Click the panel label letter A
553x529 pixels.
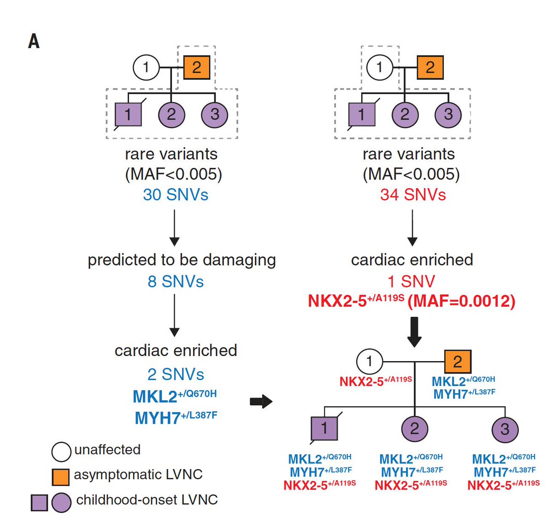click(x=34, y=42)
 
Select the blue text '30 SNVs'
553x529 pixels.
click(x=175, y=195)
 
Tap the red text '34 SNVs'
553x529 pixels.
click(x=413, y=195)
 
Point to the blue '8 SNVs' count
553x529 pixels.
click(x=175, y=281)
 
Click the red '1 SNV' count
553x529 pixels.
click(x=412, y=281)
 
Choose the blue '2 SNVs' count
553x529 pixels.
click(x=175, y=374)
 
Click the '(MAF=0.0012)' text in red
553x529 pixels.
click(x=461, y=301)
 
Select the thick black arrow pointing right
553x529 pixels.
click(x=261, y=402)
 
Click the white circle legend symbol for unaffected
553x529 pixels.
click(x=61, y=452)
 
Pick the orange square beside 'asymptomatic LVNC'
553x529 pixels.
click(x=61, y=477)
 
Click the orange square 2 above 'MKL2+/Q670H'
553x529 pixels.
click(x=457, y=362)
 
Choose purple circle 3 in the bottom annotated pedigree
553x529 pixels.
click(x=505, y=429)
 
